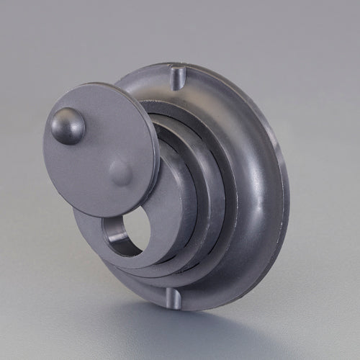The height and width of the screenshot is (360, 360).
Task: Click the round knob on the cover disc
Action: [68, 125]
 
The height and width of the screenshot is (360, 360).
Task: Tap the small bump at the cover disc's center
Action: [121, 173]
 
